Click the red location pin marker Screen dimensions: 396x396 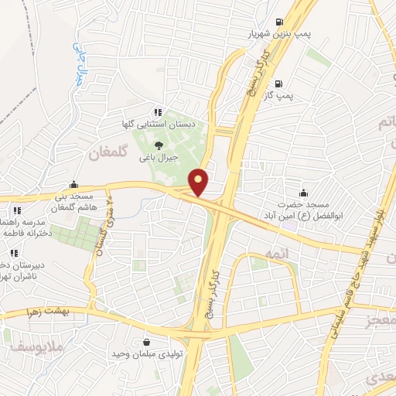(200, 182)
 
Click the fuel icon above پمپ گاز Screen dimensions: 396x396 (279, 84)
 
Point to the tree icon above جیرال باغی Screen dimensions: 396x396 (159, 144)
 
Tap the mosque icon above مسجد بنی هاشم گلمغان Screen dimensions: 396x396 (73, 184)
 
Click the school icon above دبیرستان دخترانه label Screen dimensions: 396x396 (13, 253)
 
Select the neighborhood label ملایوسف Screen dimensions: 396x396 (31, 350)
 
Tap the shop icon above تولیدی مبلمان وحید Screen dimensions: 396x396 (146, 342)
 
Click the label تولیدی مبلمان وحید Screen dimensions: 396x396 (146, 354)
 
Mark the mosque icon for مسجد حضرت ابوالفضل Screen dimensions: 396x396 (302, 193)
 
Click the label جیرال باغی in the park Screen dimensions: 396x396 (159, 157)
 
